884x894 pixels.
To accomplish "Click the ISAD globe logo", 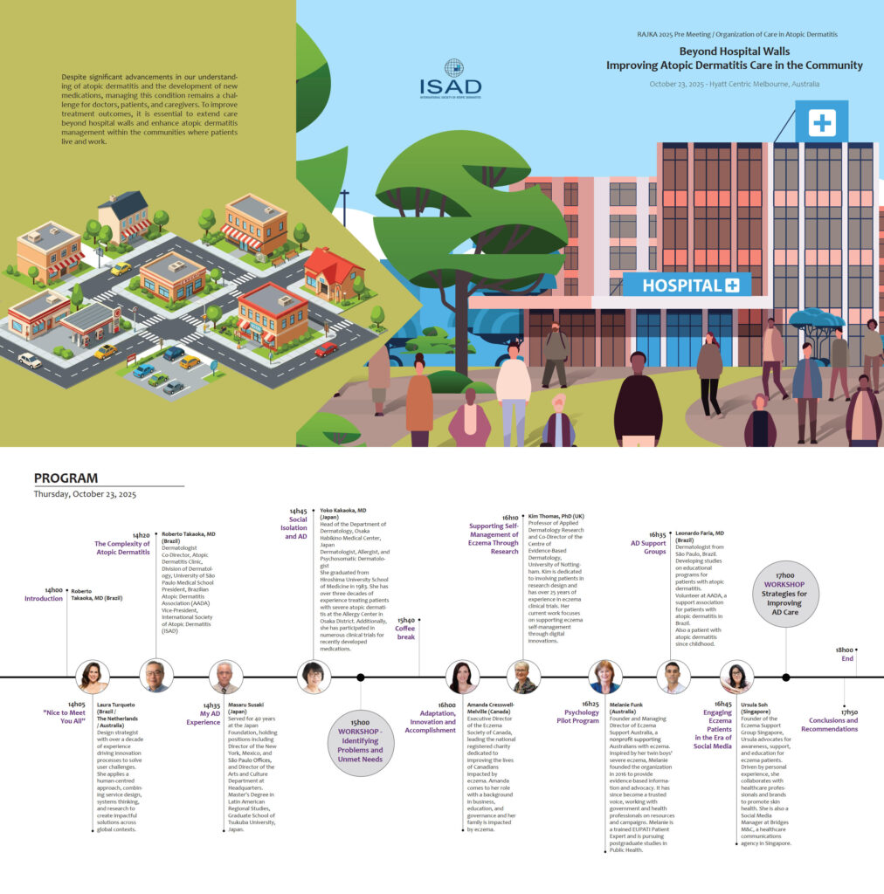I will click(x=452, y=68).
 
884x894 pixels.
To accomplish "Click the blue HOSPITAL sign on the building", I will click(x=687, y=285).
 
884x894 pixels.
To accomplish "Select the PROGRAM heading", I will click(x=66, y=478).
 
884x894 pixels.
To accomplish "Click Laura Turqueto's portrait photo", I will click(x=92, y=677).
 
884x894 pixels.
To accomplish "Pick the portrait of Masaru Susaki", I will click(x=225, y=677).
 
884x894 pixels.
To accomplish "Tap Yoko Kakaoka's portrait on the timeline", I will click(x=314, y=677).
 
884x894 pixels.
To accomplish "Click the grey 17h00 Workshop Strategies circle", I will click(x=785, y=594).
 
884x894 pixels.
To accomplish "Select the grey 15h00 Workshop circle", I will click(x=360, y=739).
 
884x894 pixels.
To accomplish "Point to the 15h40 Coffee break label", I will click(x=406, y=629).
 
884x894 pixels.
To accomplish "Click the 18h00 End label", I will click(x=846, y=654).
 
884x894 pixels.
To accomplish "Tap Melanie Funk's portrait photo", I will click(x=604, y=677).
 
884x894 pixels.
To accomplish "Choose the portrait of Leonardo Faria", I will click(x=672, y=677).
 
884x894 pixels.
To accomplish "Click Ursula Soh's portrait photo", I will click(x=736, y=677).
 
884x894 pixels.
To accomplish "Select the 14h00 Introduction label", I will click(x=44, y=595).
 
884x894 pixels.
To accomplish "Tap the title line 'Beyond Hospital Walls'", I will click(x=734, y=52).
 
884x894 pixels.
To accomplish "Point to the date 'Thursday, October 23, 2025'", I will click(x=85, y=494).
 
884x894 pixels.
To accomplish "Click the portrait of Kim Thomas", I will click(x=522, y=677).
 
